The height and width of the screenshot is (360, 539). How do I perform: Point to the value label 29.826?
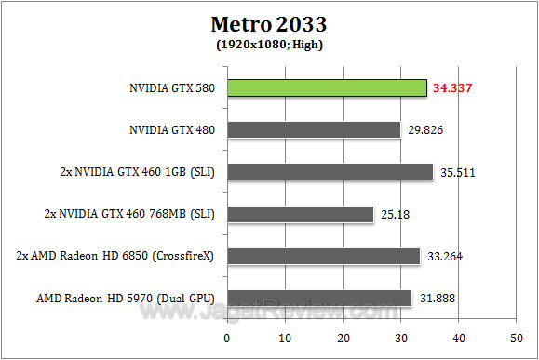tap(426, 130)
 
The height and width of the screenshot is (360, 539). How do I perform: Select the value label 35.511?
tap(459, 173)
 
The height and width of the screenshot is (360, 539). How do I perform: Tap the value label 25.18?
tap(394, 215)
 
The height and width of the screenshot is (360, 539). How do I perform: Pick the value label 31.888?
tap(438, 300)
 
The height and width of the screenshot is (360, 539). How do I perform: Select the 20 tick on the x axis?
tap(344, 336)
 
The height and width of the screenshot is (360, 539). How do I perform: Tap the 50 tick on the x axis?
tap(516, 336)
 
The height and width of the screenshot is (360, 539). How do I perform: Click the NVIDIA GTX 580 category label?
tap(172, 88)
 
